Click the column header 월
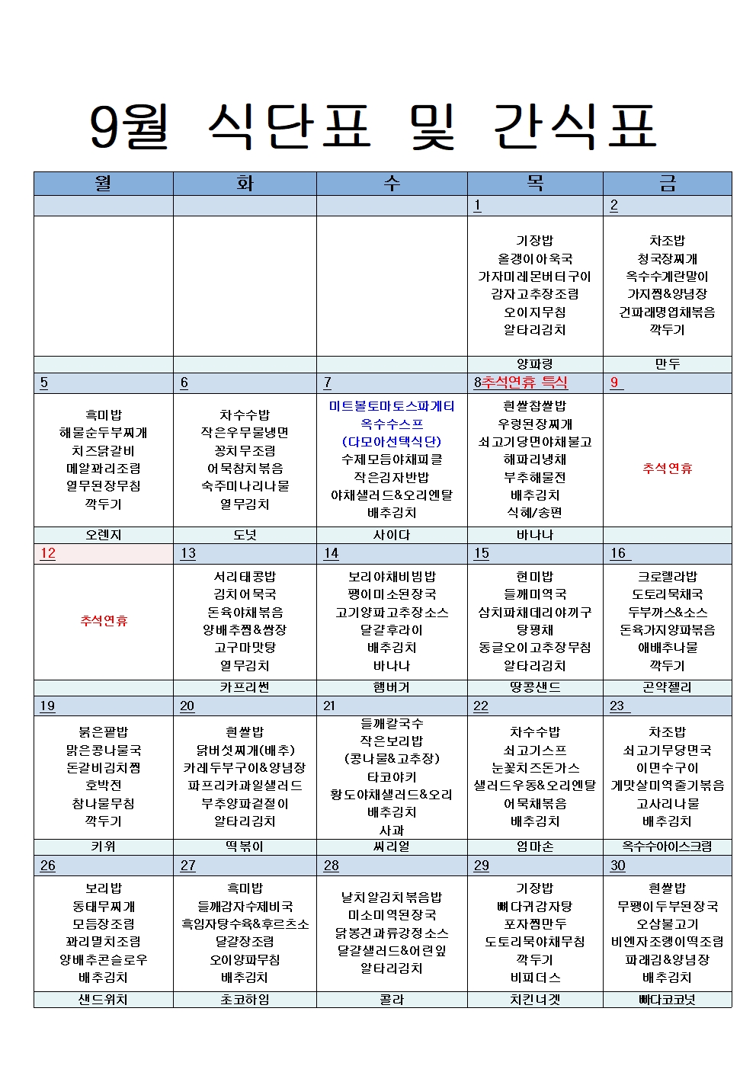pyautogui.click(x=103, y=183)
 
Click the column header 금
pyautogui.click(x=667, y=183)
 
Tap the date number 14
pyautogui.click(x=331, y=553)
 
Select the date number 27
pyautogui.click(x=187, y=866)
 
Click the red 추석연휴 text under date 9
pyautogui.click(x=667, y=468)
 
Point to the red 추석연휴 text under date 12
pyautogui.click(x=104, y=620)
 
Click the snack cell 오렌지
pyautogui.click(x=104, y=535)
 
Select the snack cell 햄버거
pyautogui.click(x=392, y=687)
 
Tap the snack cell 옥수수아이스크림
pyautogui.click(x=667, y=847)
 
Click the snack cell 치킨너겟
pyautogui.click(x=535, y=1000)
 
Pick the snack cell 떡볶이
pyautogui.click(x=245, y=847)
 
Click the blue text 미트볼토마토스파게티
pyautogui.click(x=392, y=406)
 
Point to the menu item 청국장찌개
pyautogui.click(x=667, y=258)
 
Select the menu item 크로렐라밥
pyautogui.click(x=667, y=577)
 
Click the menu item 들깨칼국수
pyautogui.click(x=392, y=723)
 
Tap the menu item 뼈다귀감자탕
pyautogui.click(x=535, y=906)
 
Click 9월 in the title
pyautogui.click(x=128, y=126)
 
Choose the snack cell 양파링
pyautogui.click(x=535, y=364)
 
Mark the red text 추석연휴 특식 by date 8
pyautogui.click(x=524, y=382)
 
